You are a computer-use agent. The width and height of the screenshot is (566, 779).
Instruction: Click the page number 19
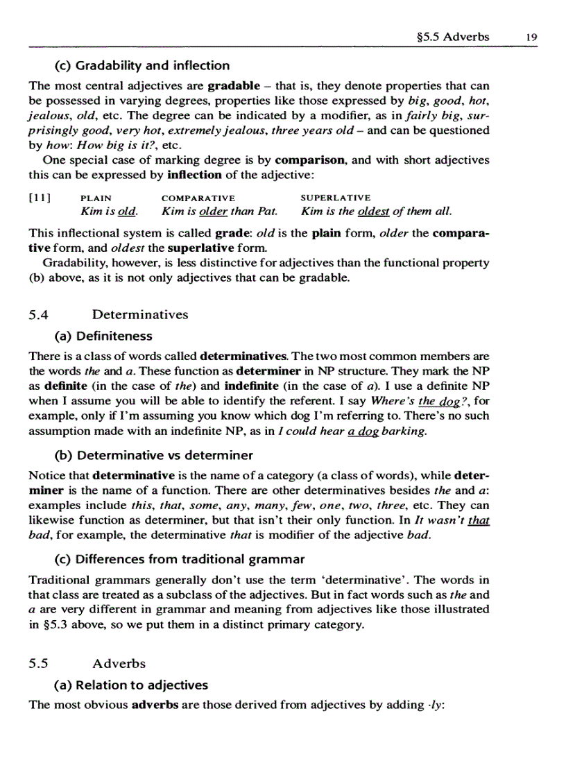click(x=532, y=37)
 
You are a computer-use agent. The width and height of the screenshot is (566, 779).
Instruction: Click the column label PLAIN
click(x=96, y=198)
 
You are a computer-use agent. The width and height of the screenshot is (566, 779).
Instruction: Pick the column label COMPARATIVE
click(x=198, y=198)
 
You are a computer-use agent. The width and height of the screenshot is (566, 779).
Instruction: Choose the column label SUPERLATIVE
click(x=336, y=198)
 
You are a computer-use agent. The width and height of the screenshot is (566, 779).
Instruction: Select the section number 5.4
click(x=40, y=315)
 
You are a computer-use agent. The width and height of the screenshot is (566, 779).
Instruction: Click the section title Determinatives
click(x=139, y=315)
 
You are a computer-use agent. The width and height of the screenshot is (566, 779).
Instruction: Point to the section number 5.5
click(x=40, y=662)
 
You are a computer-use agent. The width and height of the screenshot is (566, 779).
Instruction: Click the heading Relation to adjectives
click(x=131, y=685)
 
